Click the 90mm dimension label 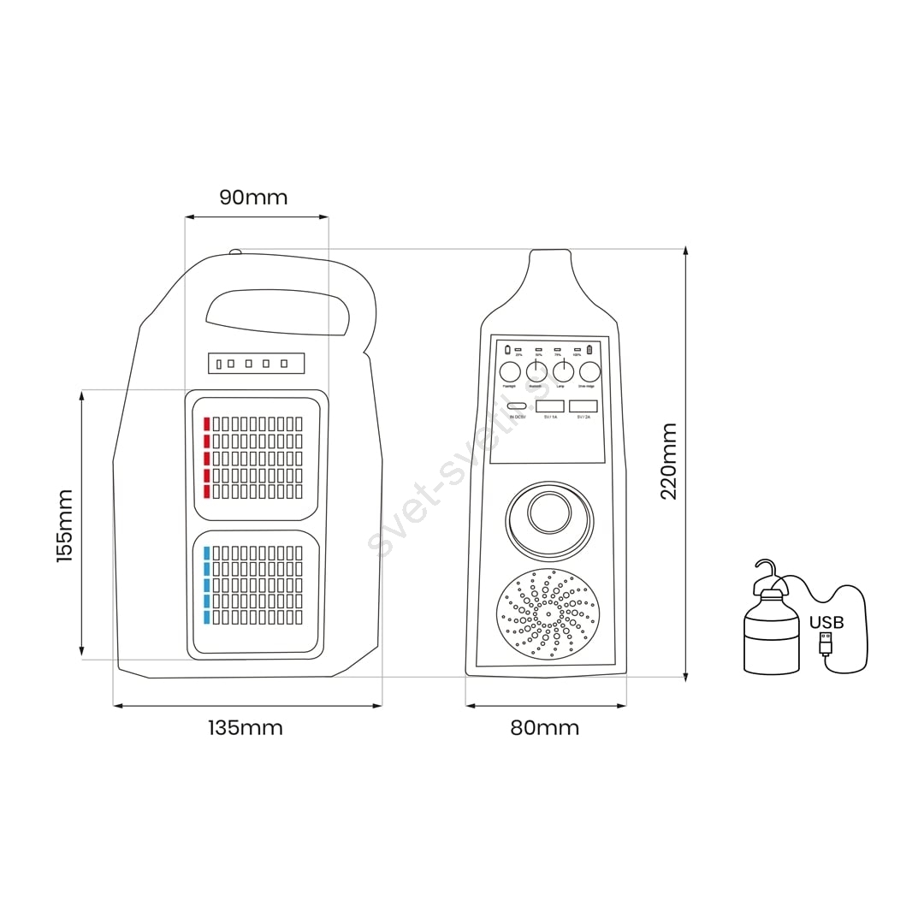(x=253, y=198)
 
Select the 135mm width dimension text (x=245, y=728)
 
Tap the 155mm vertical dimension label (x=65, y=525)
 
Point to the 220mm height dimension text (x=669, y=461)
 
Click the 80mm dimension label (x=544, y=728)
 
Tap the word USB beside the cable (x=826, y=622)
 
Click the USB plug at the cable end (x=825, y=644)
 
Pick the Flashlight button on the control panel (x=510, y=371)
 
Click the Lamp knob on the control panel (x=563, y=371)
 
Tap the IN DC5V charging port (x=517, y=406)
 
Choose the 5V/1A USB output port (x=550, y=406)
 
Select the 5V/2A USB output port (x=583, y=406)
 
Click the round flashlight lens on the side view (x=549, y=513)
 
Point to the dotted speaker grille (x=548, y=614)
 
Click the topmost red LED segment (x=206, y=423)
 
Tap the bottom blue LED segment (x=206, y=617)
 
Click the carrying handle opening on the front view (x=275, y=311)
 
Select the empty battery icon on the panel (x=507, y=349)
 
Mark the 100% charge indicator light (x=577, y=349)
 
